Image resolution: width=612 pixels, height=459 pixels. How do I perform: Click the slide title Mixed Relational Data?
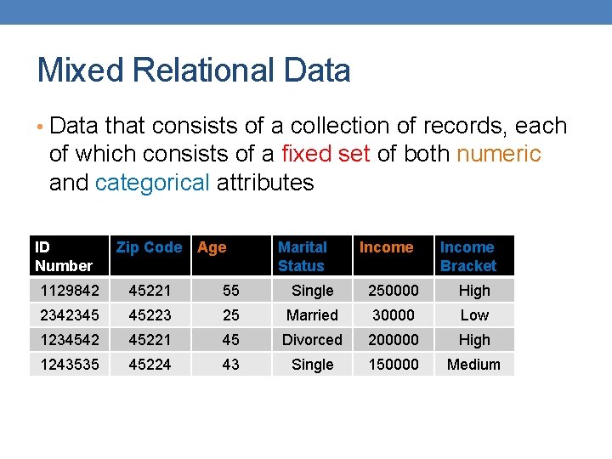(x=194, y=71)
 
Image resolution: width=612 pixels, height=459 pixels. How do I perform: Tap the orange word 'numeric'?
(x=499, y=154)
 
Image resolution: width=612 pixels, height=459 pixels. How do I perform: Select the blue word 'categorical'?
(x=153, y=183)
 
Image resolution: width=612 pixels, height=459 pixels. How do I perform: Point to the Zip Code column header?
(x=149, y=247)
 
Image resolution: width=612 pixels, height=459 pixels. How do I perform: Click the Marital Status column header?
(x=303, y=256)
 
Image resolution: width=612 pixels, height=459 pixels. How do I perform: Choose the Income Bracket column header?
(x=467, y=256)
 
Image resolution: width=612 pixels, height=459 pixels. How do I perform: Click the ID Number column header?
(x=63, y=256)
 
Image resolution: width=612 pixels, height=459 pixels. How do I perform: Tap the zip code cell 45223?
(x=150, y=315)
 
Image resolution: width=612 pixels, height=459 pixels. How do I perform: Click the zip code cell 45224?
(x=150, y=365)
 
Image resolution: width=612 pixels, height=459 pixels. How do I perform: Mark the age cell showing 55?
(x=231, y=291)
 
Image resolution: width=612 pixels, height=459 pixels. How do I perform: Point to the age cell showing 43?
(x=231, y=365)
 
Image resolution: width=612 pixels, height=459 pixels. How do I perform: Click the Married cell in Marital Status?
(x=312, y=315)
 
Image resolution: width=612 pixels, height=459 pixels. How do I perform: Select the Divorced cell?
(x=312, y=340)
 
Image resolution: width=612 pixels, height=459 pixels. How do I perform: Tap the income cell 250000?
(x=393, y=291)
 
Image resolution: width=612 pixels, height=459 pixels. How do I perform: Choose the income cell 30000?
(x=393, y=315)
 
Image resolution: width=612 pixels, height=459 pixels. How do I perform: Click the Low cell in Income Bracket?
(x=474, y=315)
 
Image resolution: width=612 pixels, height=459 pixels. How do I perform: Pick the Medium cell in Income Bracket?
(x=474, y=365)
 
